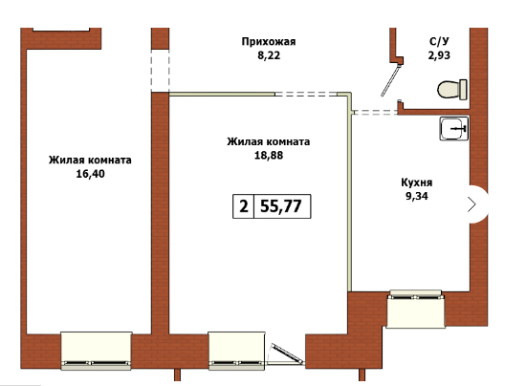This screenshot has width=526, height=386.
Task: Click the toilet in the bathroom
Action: click(451, 90)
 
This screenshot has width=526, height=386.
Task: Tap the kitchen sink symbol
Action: click(454, 128)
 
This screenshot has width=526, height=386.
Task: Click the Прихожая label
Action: click(269, 42)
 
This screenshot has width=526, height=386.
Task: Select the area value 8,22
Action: click(269, 55)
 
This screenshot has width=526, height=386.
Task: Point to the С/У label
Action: click(439, 41)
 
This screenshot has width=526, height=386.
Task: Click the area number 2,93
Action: click(439, 55)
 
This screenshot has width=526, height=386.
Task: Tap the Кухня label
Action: click(417, 182)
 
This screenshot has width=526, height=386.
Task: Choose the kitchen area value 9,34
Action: click(417, 196)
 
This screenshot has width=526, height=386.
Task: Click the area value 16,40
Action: click(90, 174)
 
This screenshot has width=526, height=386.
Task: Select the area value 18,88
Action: click(269, 156)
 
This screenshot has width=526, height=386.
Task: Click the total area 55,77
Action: click(281, 206)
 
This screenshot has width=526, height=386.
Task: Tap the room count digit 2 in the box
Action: click(244, 206)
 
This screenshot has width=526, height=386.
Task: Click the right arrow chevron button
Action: click(471, 204)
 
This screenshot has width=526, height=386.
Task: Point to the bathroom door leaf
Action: click(391, 81)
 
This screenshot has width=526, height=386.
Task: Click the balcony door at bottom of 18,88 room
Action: click(286, 354)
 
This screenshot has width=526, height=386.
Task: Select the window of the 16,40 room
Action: click(97, 351)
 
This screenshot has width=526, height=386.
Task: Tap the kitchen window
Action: click(415, 309)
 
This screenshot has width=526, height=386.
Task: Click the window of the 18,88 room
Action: click(237, 351)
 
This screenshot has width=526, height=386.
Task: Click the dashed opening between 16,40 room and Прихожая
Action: click(160, 71)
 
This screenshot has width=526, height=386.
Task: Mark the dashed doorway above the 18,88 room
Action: click(306, 95)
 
